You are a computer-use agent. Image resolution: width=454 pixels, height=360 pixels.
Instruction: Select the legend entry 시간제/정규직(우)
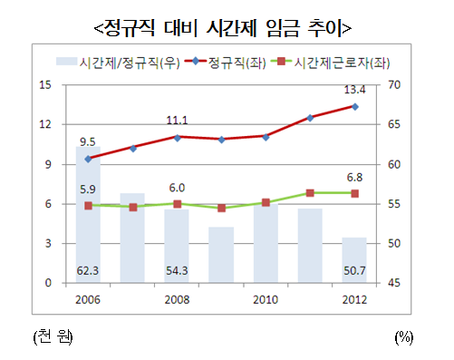click(128, 63)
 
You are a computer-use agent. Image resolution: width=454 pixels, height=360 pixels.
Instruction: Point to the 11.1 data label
click(177, 120)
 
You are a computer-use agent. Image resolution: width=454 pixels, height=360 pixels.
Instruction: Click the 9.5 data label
click(88, 141)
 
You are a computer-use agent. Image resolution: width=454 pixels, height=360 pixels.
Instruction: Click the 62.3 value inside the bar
click(88, 270)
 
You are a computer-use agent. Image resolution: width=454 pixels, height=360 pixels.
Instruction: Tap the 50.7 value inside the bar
click(355, 270)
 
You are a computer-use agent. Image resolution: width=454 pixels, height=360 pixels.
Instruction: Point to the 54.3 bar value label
click(177, 270)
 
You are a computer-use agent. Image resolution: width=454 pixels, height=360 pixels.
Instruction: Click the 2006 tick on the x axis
click(88, 299)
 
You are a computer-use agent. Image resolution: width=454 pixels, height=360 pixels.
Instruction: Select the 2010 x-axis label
click(266, 299)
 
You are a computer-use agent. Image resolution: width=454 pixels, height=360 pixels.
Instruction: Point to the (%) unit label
click(403, 336)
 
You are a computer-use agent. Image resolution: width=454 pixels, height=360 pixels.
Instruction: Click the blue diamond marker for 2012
click(354, 106)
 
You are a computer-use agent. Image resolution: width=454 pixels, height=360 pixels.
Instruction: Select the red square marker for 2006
click(88, 206)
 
